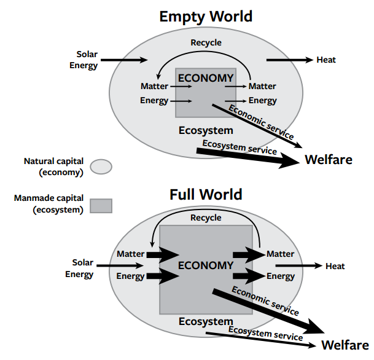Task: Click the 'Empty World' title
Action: pos(206,17)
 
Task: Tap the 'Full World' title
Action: pos(206,194)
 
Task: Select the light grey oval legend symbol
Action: pos(101,166)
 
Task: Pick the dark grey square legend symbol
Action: pos(101,206)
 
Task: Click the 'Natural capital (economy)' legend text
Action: pos(53,166)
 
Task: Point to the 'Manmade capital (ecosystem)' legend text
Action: pos(49,204)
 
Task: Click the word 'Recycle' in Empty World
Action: pos(206,43)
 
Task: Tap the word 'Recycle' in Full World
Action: pos(206,218)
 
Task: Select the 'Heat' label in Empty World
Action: pos(326,60)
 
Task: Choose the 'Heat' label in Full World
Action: pos(335,266)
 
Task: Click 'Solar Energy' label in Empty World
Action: pos(84,60)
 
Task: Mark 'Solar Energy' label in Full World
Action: pos(79,268)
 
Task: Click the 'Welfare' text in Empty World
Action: pos(329,160)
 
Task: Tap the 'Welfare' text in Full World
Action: pos(345,345)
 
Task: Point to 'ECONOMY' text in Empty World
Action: pos(206,78)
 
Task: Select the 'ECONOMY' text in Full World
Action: pos(206,265)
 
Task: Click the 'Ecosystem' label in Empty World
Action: pos(206,130)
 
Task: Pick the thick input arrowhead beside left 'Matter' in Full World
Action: pos(169,255)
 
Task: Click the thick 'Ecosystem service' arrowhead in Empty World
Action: pos(289,161)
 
